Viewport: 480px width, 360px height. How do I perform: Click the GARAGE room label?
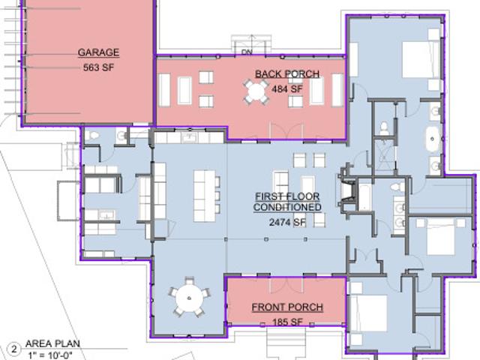pos(98,52)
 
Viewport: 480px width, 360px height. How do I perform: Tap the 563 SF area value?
pos(98,67)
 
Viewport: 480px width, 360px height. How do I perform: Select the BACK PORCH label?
pos(287,74)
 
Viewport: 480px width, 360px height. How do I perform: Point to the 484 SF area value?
pos(287,89)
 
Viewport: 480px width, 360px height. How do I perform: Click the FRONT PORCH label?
pos(287,307)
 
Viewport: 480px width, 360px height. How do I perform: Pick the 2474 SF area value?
pos(287,222)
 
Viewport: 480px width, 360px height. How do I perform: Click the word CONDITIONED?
pos(287,207)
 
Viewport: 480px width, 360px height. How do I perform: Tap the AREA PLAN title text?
pos(52,343)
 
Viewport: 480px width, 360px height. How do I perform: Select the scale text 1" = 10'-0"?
pos(50,355)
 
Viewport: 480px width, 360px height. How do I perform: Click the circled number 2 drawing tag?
pos(14,349)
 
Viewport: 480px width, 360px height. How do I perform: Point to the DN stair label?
pos(247,52)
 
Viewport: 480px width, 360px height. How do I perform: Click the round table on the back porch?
pos(256,91)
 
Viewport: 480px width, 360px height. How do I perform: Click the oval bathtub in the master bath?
pos(432,139)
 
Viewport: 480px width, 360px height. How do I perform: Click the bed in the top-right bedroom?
pos(421,60)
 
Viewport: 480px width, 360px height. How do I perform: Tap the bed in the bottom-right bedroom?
pos(368,313)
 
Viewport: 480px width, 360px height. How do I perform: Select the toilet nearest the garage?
pos(91,136)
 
